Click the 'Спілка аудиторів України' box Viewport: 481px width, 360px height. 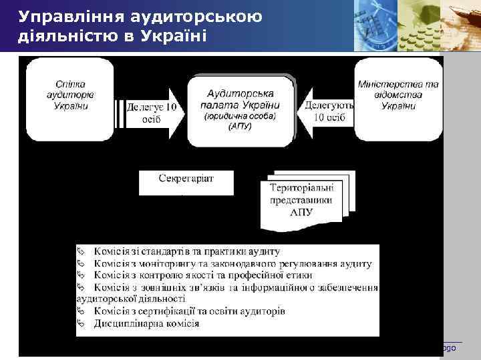coord(69,96)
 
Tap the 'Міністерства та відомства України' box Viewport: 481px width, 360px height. coord(397,96)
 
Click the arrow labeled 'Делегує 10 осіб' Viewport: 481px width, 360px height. coord(153,112)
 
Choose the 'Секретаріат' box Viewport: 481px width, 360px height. coord(186,179)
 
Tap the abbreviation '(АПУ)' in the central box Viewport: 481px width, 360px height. coord(240,126)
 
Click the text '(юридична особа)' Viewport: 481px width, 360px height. coord(240,116)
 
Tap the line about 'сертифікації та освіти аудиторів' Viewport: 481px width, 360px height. coord(190,312)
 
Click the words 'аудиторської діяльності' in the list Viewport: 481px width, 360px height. coord(131,299)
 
